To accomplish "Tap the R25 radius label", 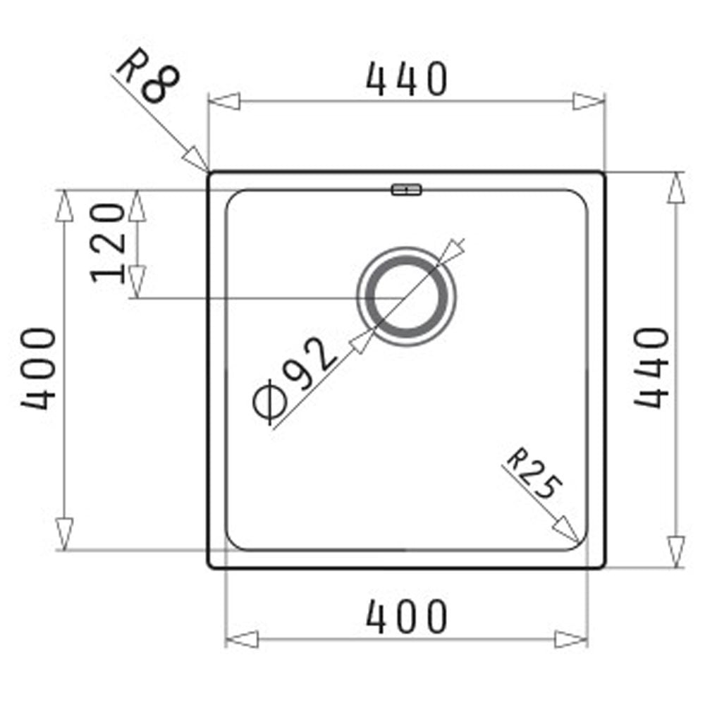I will coord(534,479).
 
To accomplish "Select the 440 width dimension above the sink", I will coord(407,79).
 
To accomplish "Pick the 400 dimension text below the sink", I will coord(407,616).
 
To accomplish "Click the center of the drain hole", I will coord(407,295).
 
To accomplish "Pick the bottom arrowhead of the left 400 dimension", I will coord(64,533).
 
